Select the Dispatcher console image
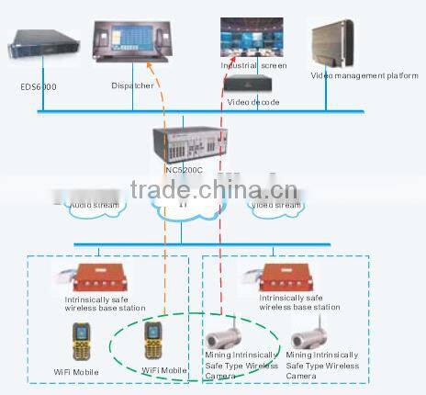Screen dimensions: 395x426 tap(129, 41)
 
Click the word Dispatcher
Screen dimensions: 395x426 tap(133, 85)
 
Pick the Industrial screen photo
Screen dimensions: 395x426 tap(254, 38)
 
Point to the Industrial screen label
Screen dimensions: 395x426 tap(254, 66)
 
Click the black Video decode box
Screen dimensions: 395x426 tap(252, 83)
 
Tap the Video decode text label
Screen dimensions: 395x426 tap(253, 101)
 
